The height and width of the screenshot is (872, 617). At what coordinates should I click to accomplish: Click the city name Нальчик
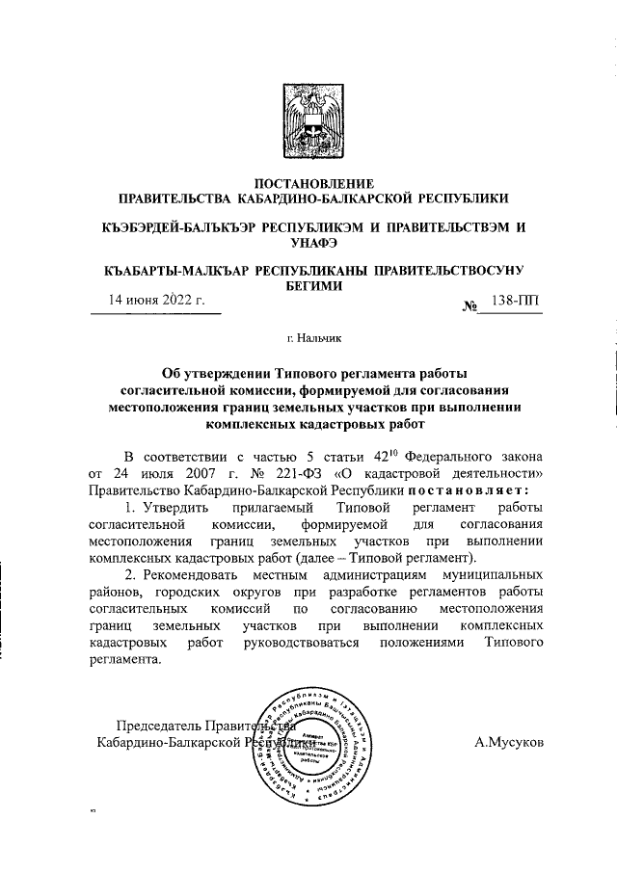(x=317, y=338)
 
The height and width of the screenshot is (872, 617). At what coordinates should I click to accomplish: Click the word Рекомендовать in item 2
(x=192, y=576)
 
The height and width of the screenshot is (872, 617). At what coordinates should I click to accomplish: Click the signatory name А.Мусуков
(x=510, y=743)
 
